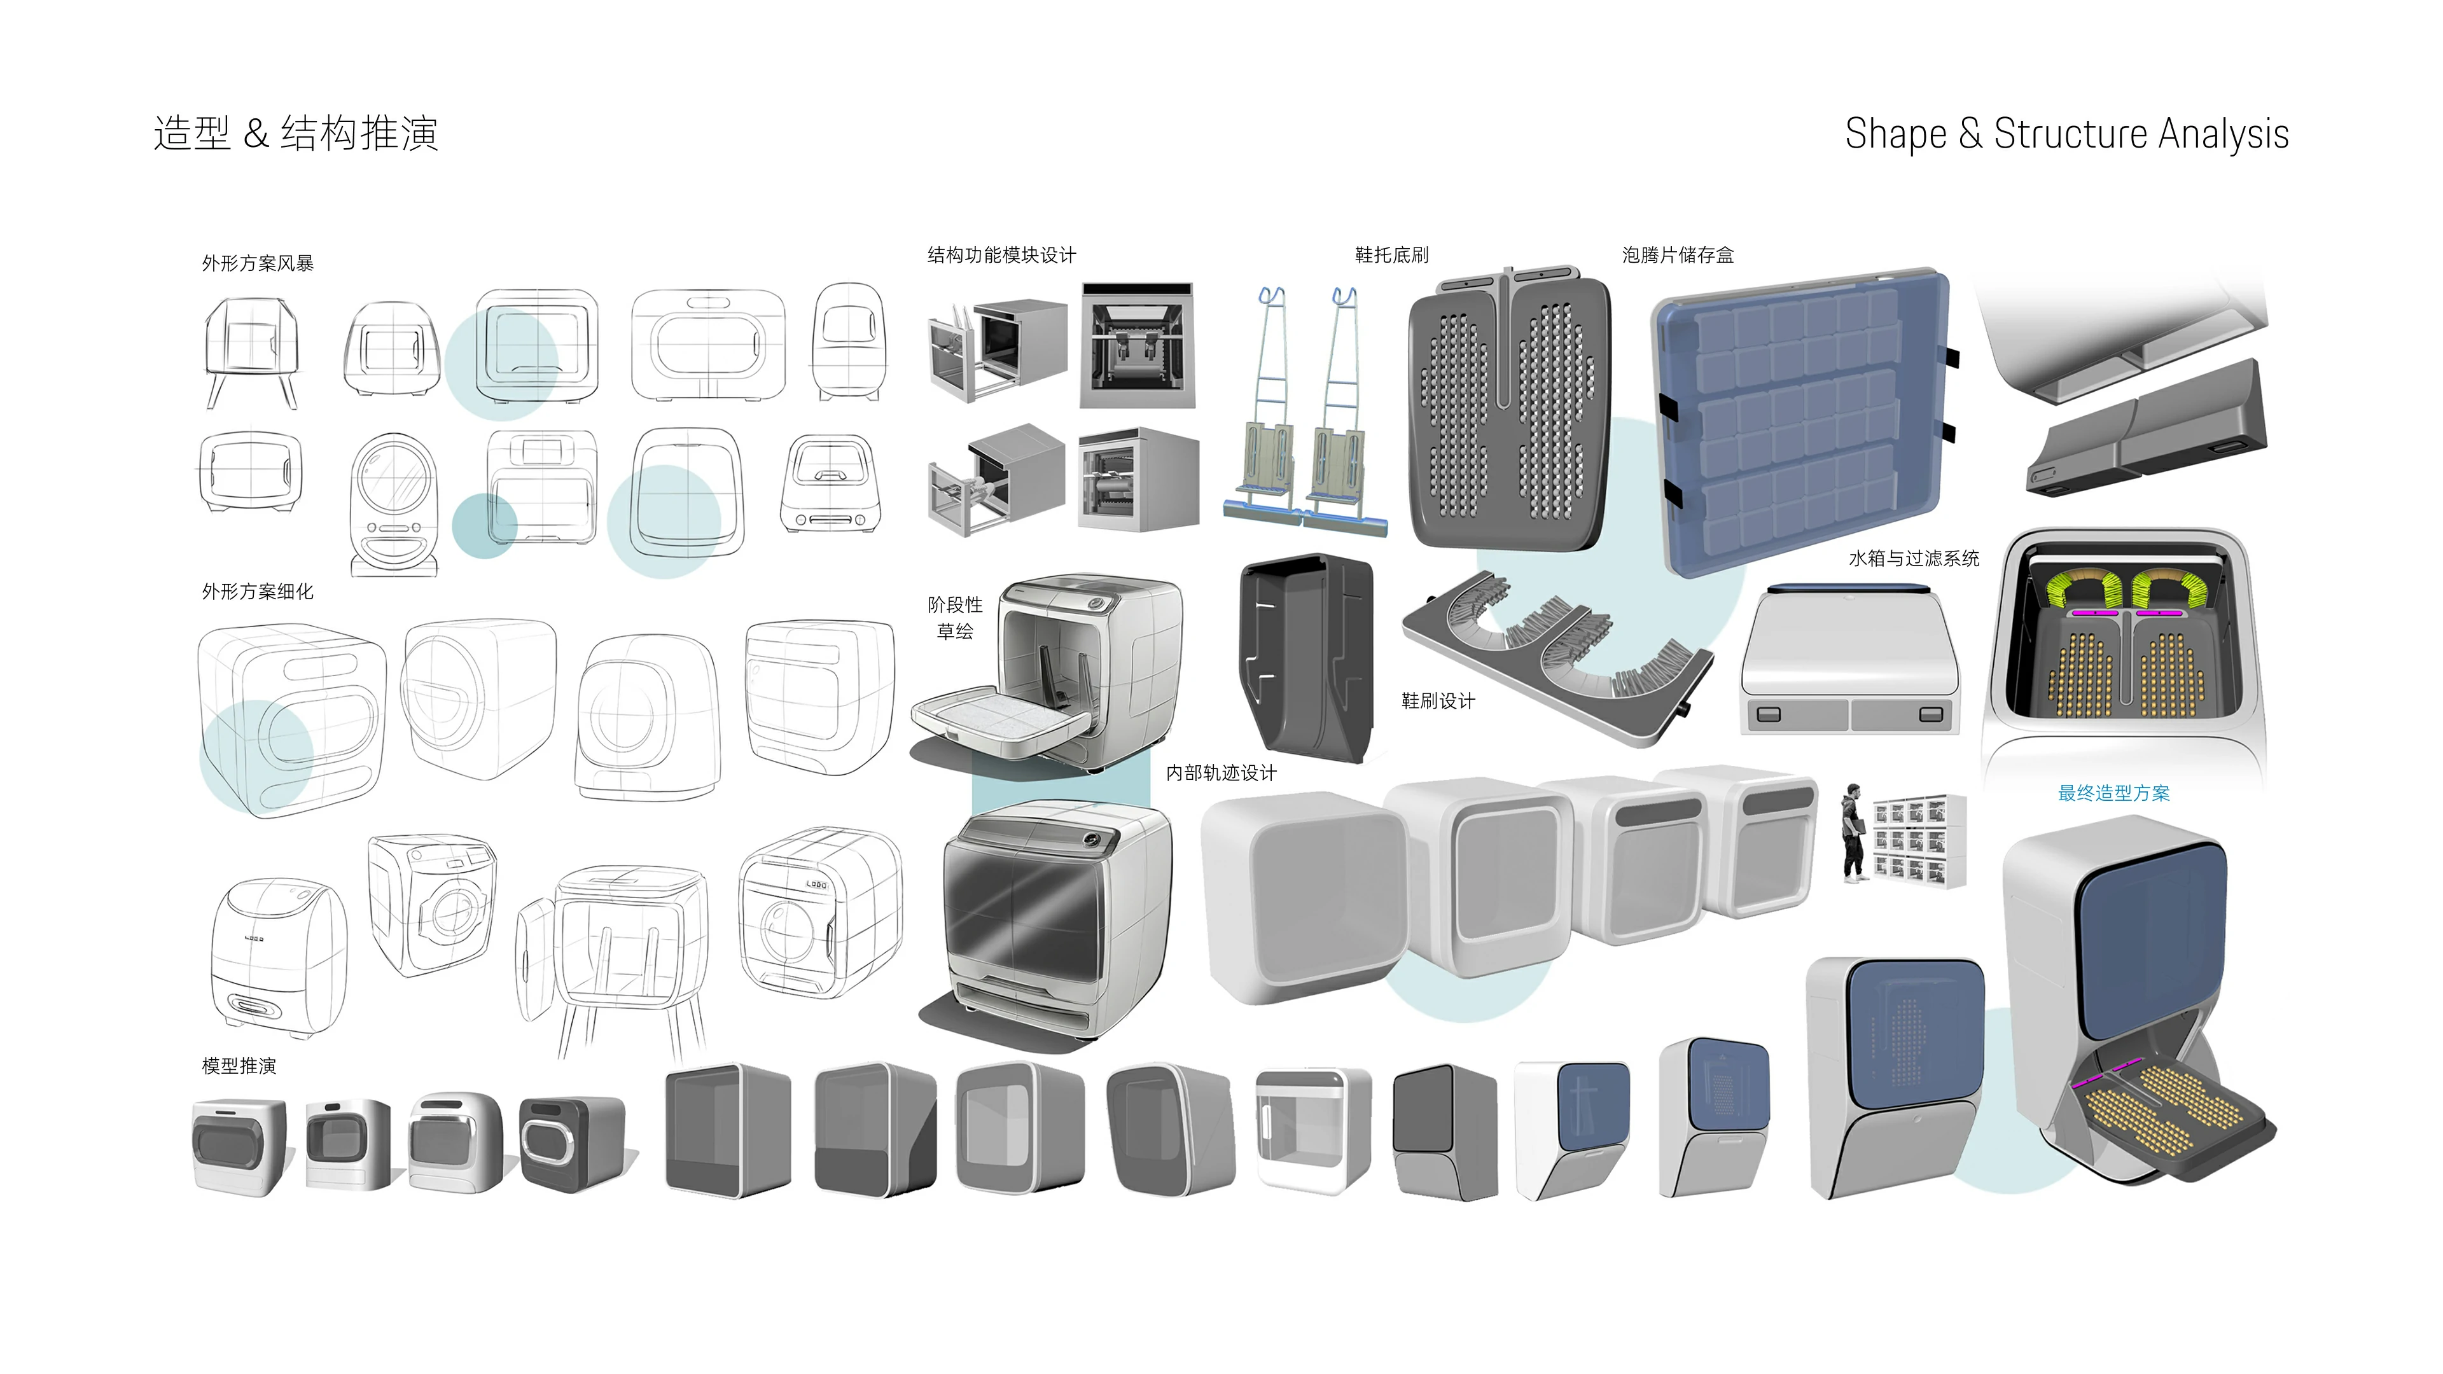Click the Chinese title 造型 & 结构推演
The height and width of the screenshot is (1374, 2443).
point(296,134)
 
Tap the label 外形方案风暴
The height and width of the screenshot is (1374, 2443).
point(257,263)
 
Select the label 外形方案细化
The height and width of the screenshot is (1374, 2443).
point(257,592)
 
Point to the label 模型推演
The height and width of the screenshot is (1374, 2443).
point(239,1066)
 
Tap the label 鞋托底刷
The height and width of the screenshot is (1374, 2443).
point(1391,255)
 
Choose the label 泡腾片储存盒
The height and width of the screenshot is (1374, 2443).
point(1678,255)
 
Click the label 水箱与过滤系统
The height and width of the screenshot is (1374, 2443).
point(1914,559)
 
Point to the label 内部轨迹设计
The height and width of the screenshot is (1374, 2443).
point(1221,773)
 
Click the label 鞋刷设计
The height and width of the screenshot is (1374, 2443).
point(1438,701)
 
